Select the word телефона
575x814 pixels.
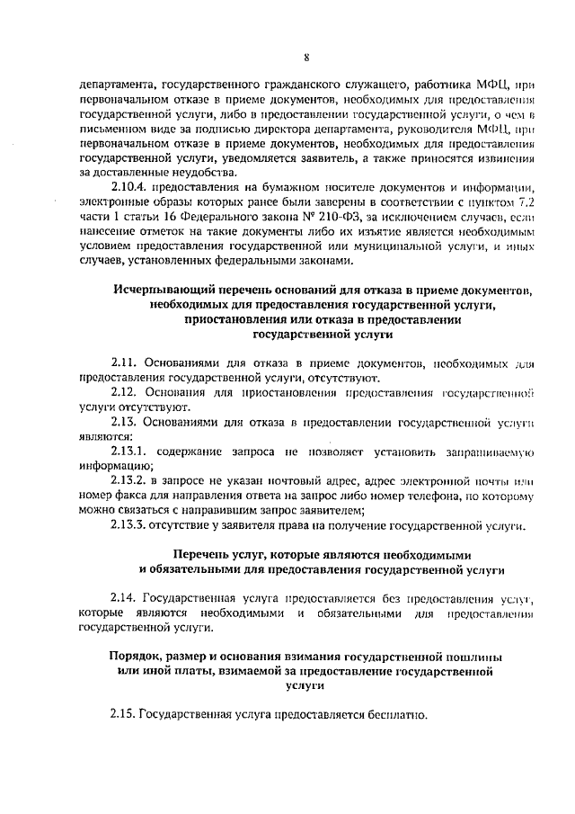tap(459, 496)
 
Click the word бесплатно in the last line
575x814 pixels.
tap(395, 716)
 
